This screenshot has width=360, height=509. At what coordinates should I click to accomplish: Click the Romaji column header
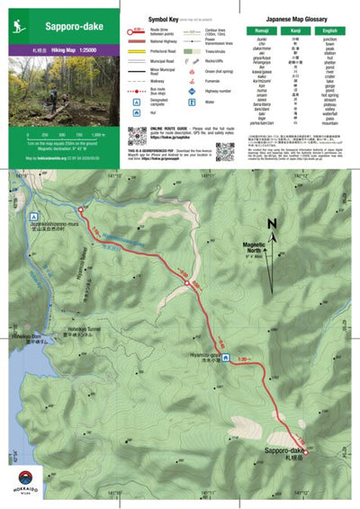pyautogui.click(x=262, y=31)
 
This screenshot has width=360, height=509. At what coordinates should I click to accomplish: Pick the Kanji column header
pyautogui.click(x=295, y=31)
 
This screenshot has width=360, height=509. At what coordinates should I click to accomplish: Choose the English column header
pyautogui.click(x=328, y=31)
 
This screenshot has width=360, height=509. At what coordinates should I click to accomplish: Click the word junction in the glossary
pyautogui.click(x=328, y=40)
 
